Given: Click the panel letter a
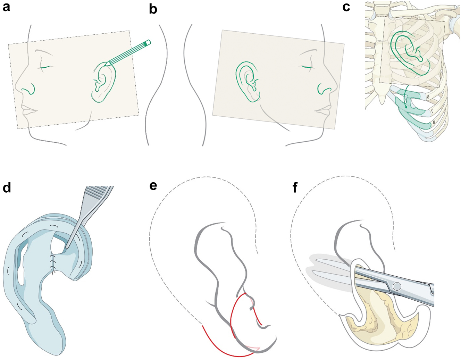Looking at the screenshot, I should coord(6,7).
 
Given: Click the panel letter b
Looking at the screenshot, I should coord(153,9).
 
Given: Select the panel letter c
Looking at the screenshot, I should coord(346,7).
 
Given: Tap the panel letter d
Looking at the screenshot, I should coord(7,187).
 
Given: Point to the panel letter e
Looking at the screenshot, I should coord(153,186).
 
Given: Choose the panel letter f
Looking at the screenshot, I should coord(295,187).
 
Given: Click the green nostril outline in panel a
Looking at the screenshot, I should coord(29,89).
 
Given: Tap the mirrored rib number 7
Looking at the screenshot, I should coord(431,110).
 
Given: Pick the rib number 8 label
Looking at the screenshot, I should coord(434,123).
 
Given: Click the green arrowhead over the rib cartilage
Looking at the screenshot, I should coord(406,107).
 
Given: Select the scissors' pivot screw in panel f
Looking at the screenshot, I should coord(397,286).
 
